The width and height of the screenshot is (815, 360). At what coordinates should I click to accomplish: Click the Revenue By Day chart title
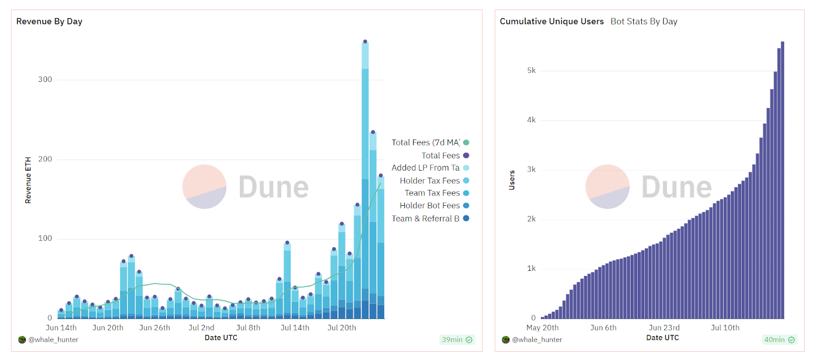[x=49, y=21]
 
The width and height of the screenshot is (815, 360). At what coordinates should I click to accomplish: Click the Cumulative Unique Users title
[x=552, y=21]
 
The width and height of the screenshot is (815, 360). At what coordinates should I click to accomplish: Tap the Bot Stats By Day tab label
[x=644, y=21]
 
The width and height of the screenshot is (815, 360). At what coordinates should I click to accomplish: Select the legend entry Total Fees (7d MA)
[x=426, y=143]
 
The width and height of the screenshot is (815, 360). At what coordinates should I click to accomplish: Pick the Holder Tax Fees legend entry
[x=430, y=181]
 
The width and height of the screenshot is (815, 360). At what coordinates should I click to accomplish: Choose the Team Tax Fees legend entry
[x=432, y=193]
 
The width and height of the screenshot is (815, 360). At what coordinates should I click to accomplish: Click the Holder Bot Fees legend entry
[x=430, y=206]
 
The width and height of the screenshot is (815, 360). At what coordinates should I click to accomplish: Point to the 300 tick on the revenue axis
[x=45, y=79]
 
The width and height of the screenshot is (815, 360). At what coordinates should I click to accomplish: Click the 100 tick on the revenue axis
[x=45, y=238]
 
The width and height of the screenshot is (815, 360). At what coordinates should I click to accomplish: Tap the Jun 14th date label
[x=61, y=328]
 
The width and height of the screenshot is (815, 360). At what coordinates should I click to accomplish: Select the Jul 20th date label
[x=342, y=328]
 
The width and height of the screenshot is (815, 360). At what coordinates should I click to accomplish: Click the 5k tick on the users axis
[x=531, y=71]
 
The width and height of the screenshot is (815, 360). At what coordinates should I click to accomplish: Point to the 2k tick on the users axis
[x=531, y=219]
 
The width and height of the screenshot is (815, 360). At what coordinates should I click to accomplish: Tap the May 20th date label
[x=542, y=328]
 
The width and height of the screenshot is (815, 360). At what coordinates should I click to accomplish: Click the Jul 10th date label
[x=725, y=328]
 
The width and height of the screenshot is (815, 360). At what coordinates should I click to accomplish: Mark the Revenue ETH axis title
[x=28, y=180]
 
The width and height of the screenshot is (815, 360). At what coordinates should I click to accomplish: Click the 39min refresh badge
[x=457, y=340]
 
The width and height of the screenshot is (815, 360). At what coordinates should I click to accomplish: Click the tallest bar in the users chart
[x=782, y=183]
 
